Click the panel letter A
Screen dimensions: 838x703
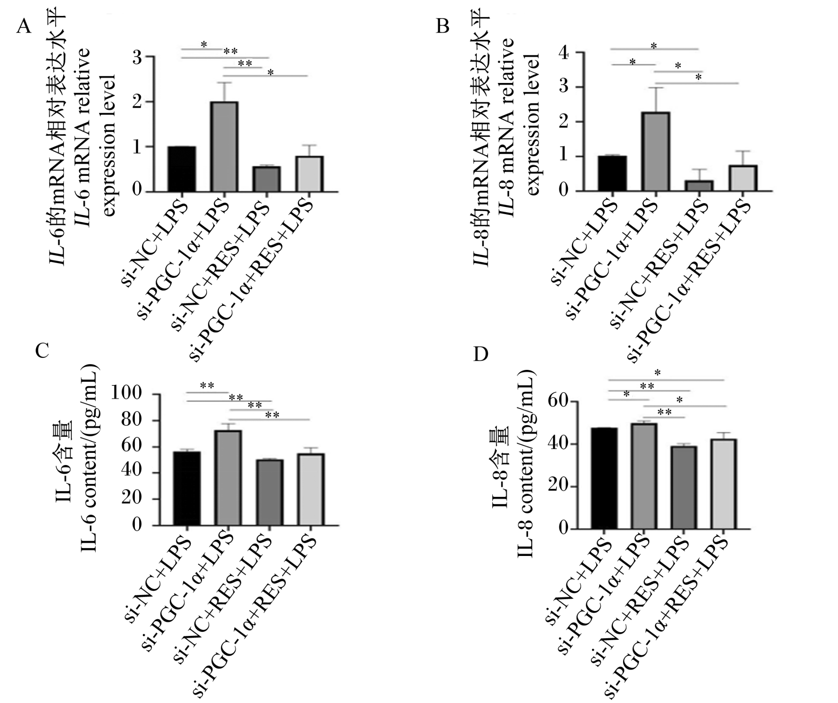tap(24, 27)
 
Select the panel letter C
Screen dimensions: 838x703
tap(42, 351)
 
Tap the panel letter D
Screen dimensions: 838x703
tap(481, 354)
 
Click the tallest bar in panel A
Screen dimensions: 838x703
tap(224, 147)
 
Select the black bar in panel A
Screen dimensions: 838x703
tap(181, 169)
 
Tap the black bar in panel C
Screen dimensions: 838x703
tap(187, 488)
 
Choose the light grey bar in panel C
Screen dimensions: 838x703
tap(310, 489)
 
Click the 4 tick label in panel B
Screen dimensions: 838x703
tap(569, 54)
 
